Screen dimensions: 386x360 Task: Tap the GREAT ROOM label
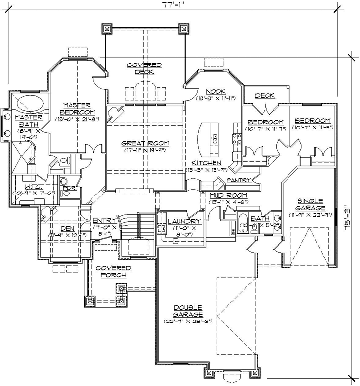tap(145, 143)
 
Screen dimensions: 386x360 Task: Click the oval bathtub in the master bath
tap(30, 105)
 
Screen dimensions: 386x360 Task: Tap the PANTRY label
tap(237, 180)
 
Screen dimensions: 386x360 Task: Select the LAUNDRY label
tap(184, 221)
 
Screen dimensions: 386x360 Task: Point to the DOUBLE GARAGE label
tap(187, 311)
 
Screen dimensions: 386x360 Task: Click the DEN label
tap(68, 228)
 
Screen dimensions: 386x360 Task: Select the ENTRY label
tap(104, 221)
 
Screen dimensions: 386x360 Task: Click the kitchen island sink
tap(215, 137)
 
